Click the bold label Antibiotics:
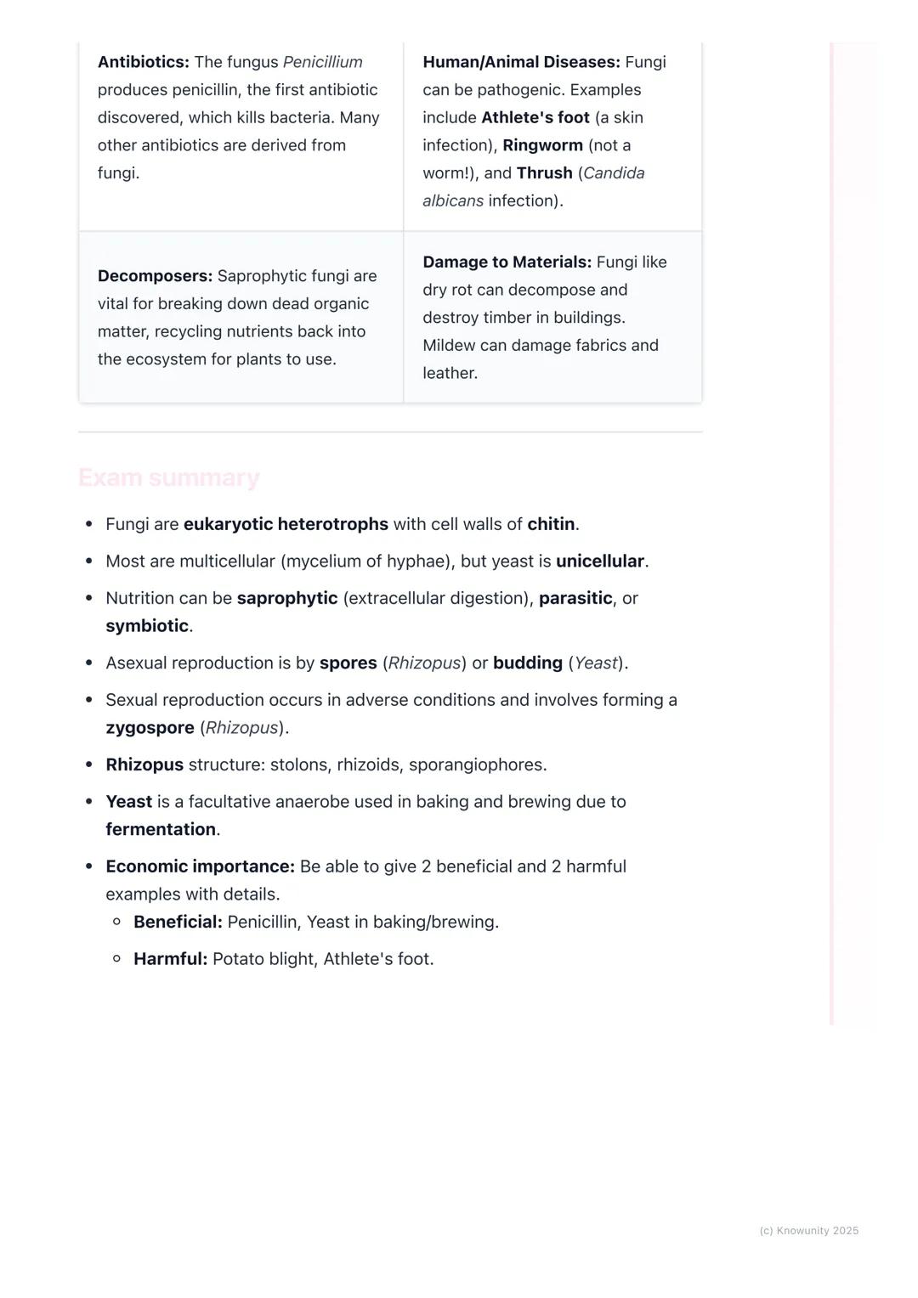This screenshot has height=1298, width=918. [143, 62]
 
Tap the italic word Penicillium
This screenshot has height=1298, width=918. [322, 62]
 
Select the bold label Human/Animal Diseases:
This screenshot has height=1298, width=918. [521, 62]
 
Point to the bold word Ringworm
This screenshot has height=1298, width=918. [542, 145]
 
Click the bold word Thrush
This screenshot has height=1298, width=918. [544, 173]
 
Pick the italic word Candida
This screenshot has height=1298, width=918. [614, 173]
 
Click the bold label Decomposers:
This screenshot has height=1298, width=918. [155, 276]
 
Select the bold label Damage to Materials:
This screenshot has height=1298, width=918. [507, 262]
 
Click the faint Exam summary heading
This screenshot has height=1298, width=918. [168, 477]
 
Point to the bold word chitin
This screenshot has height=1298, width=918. [551, 524]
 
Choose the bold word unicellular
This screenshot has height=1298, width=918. [600, 562]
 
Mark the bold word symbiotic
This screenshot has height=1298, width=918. [147, 626]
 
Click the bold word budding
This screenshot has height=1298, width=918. [527, 663]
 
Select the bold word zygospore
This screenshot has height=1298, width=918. [150, 728]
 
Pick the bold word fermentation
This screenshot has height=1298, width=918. [161, 830]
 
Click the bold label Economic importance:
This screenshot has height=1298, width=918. [200, 866]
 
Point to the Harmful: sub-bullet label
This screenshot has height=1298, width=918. [170, 959]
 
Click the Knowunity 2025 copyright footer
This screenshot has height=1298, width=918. [808, 1231]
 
